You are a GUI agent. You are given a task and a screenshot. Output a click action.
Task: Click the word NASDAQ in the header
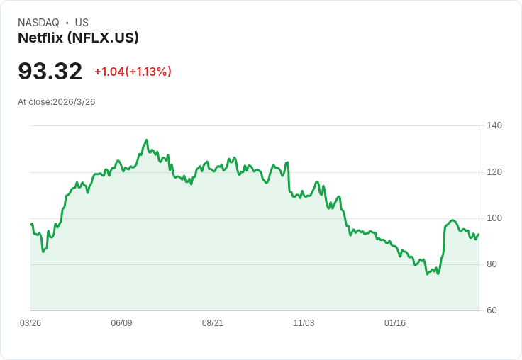click(38, 23)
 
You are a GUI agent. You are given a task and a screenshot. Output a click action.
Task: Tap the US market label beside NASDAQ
click(82, 23)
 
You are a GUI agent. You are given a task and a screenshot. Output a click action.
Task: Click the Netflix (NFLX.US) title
click(78, 38)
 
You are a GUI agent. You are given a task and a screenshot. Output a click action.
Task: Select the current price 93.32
click(50, 71)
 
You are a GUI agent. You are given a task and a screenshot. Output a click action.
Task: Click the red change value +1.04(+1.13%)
click(133, 72)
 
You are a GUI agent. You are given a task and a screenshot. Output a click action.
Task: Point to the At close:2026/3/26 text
click(57, 101)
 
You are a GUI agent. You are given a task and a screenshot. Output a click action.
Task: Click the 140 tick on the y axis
click(494, 125)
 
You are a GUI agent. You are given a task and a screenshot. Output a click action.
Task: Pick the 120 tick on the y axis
click(494, 172)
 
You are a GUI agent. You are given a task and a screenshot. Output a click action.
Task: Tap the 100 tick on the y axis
click(494, 218)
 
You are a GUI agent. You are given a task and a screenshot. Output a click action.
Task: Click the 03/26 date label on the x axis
click(30, 323)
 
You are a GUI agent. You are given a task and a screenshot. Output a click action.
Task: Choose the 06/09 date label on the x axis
click(121, 323)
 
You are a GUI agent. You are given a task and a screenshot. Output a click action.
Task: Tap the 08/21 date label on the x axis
click(213, 323)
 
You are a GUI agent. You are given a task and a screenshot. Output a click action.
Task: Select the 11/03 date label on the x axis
click(304, 323)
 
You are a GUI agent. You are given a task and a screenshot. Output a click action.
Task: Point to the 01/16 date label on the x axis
click(395, 323)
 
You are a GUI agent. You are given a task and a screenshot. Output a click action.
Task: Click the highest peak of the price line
click(146, 140)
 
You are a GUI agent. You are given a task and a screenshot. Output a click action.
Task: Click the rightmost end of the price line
click(479, 234)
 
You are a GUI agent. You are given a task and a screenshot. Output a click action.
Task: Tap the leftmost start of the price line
click(31, 224)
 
